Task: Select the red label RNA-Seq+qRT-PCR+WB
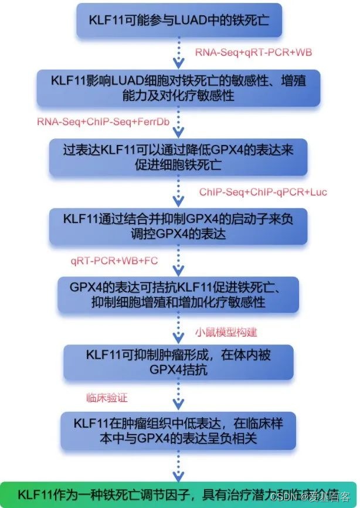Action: pyautogui.click(x=253, y=52)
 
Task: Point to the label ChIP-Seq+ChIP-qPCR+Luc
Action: pyautogui.click(x=263, y=192)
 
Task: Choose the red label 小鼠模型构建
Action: pyautogui.click(x=226, y=332)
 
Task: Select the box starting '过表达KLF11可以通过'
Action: pyautogui.click(x=178, y=155)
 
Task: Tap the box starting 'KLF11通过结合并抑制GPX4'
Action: pyautogui.click(x=178, y=226)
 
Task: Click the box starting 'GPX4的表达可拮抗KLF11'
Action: pyautogui.click(x=178, y=296)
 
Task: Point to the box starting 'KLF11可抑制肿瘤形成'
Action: pyautogui.click(x=178, y=362)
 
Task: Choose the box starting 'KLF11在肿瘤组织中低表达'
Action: pyautogui.click(x=178, y=430)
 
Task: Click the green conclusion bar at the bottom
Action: pyautogui.click(x=179, y=494)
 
